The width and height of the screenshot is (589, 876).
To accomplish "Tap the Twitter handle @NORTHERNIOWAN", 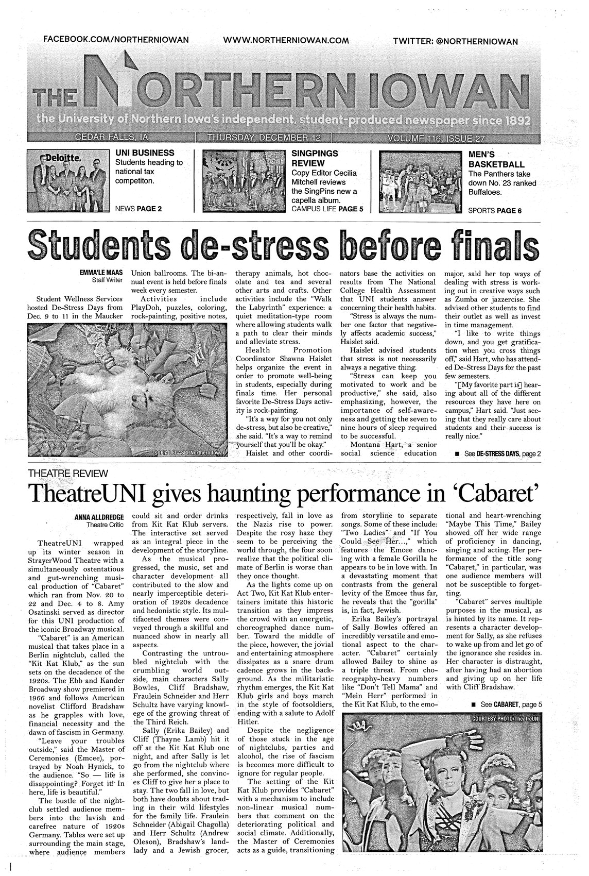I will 455,41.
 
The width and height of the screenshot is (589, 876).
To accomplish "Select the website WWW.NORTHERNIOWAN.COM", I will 287,40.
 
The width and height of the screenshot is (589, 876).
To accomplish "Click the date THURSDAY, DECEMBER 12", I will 265,138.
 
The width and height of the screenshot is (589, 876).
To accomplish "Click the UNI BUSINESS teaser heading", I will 144,153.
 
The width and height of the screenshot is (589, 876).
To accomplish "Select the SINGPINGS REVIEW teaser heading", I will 315,158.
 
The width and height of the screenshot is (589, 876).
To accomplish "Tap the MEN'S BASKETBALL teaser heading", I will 496,159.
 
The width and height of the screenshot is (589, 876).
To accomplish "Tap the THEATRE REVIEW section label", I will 68,473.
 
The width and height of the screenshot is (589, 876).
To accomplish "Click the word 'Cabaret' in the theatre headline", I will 496,493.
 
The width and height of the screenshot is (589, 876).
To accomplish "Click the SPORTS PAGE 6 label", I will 495,210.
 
